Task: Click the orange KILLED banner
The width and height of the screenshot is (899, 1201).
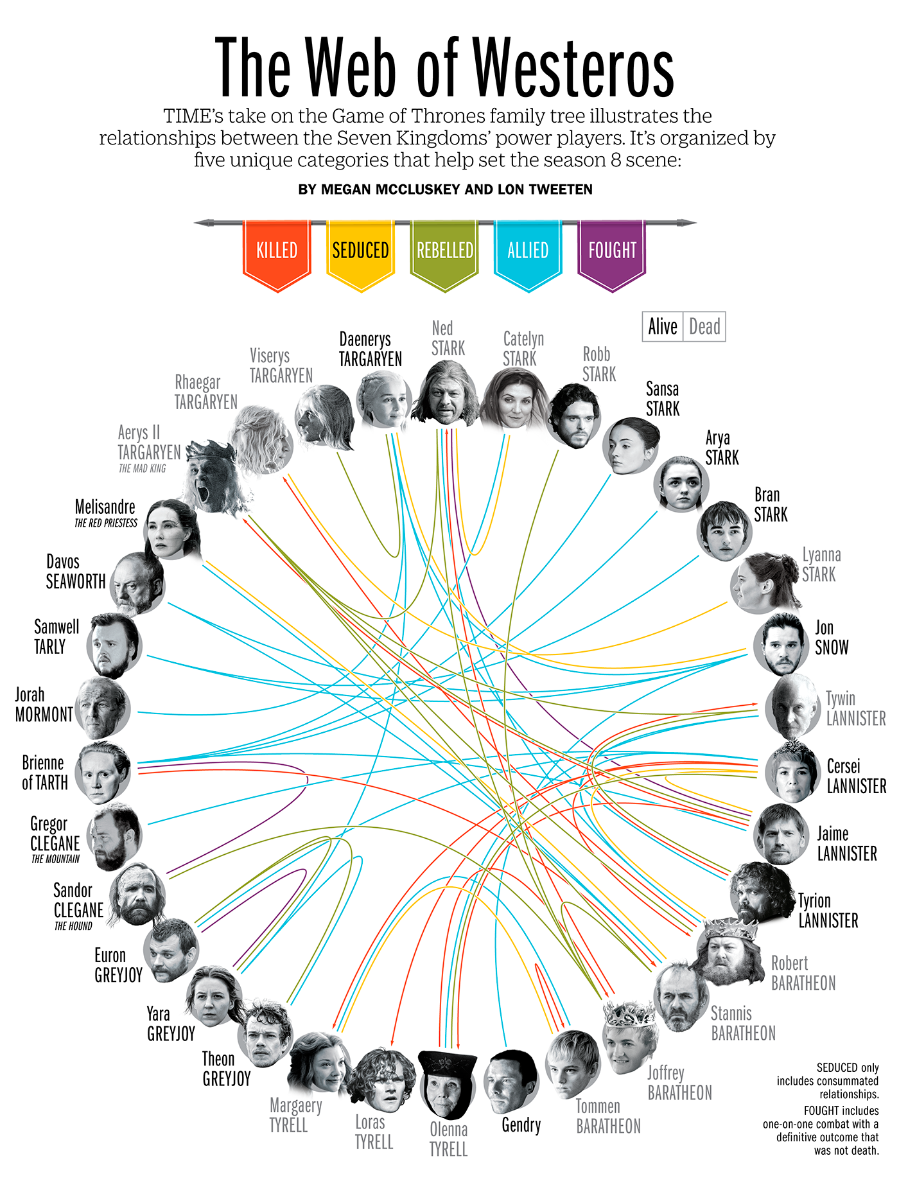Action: [277, 252]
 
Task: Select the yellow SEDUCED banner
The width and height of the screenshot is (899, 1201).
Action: [360, 252]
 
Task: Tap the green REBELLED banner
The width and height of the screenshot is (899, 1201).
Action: [444, 252]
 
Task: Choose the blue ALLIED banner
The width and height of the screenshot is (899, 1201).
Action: [528, 252]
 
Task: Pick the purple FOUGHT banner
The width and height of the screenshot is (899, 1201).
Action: [612, 252]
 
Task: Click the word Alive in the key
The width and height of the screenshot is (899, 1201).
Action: [663, 327]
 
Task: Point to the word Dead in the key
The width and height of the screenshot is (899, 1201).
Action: [704, 327]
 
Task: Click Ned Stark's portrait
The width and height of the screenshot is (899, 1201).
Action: [445, 393]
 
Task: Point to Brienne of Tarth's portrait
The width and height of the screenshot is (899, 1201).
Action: [103, 772]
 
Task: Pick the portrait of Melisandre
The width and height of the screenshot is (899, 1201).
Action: [171, 530]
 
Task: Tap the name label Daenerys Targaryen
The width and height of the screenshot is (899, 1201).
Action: [371, 349]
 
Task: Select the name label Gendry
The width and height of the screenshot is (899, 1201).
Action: [521, 1125]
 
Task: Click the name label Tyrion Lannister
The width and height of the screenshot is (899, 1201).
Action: [828, 911]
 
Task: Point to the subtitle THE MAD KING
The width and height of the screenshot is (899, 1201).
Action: [143, 469]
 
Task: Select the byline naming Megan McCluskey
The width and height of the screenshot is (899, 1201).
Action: [445, 189]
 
